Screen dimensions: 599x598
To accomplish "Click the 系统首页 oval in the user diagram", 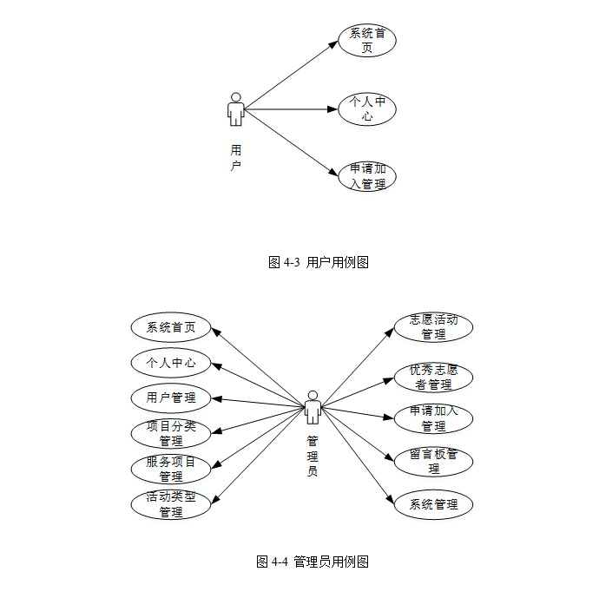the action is click(366, 41).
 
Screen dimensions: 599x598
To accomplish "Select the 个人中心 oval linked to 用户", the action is click(366, 108).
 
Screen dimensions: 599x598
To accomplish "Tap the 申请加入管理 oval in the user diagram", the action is click(366, 176).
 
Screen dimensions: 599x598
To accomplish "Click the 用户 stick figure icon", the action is click(235, 109).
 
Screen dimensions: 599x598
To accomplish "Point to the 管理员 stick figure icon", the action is click(313, 407).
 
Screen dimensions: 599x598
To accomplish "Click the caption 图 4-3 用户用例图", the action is click(319, 262).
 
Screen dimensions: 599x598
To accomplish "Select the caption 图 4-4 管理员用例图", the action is click(313, 562).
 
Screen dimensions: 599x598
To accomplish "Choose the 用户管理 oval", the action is click(171, 398).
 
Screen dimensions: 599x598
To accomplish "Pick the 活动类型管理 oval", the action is click(171, 504).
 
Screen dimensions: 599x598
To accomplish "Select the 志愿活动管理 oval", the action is click(433, 326).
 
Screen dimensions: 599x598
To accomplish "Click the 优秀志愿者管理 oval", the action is click(433, 377).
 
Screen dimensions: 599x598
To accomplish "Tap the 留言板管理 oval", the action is click(433, 461).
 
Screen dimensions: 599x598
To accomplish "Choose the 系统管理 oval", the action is click(433, 504).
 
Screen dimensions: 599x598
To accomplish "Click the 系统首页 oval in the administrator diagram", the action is click(171, 327).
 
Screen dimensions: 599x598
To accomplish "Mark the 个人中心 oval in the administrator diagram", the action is click(171, 363).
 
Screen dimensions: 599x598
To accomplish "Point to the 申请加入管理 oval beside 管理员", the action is click(433, 418).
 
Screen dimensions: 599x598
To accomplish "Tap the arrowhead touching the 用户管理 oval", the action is click(217, 398).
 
